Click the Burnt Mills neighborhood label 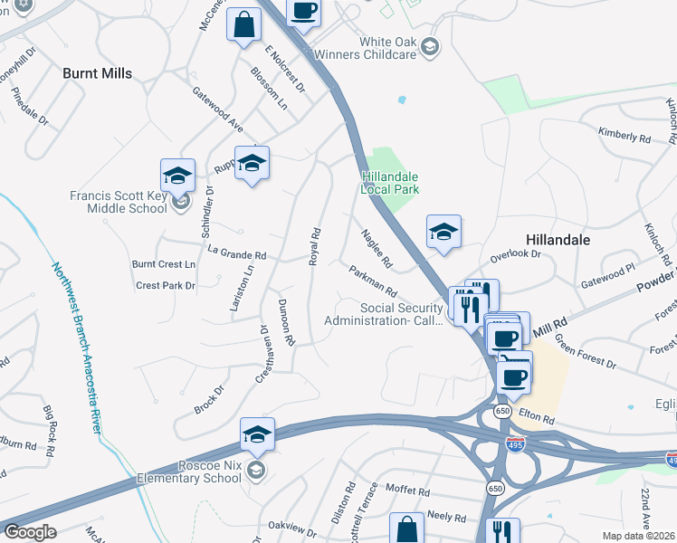tap(97, 73)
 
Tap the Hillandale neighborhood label tap(558, 240)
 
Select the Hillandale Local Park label tap(391, 183)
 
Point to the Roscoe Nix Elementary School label tap(192, 472)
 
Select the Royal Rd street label tap(315, 245)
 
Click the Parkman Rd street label tap(374, 281)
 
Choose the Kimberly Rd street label tap(625, 136)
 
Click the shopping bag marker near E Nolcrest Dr tap(244, 26)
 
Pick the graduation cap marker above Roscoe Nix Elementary tap(257, 437)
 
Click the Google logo tap(30, 532)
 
